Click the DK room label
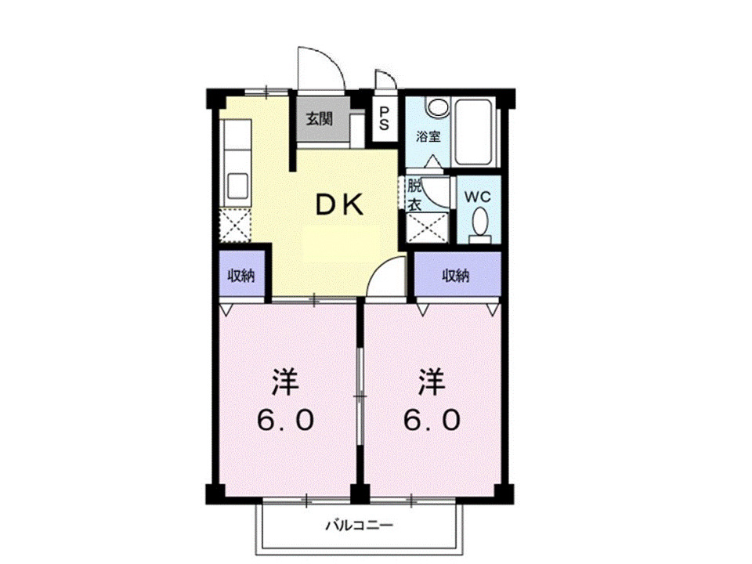(339, 204)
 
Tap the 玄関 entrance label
(319, 119)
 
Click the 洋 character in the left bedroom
(286, 383)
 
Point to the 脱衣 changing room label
(414, 196)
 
